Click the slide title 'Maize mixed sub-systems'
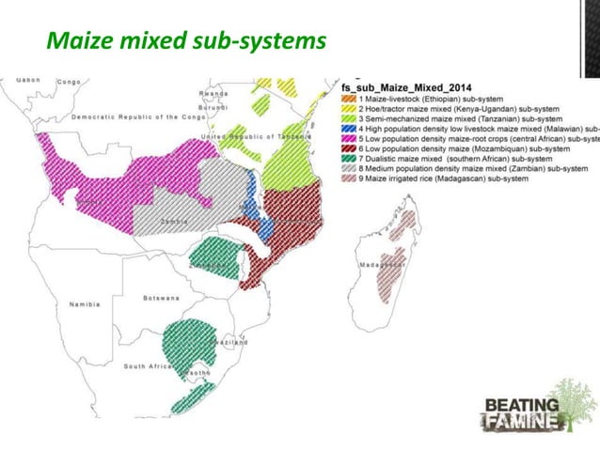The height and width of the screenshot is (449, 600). click(x=186, y=41)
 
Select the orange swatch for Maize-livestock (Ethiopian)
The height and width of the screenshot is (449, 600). click(x=349, y=99)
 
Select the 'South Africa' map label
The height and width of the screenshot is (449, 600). click(x=147, y=365)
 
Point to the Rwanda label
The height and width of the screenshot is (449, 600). click(x=213, y=94)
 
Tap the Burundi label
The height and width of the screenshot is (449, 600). click(x=213, y=108)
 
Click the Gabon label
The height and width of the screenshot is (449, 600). click(x=27, y=81)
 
